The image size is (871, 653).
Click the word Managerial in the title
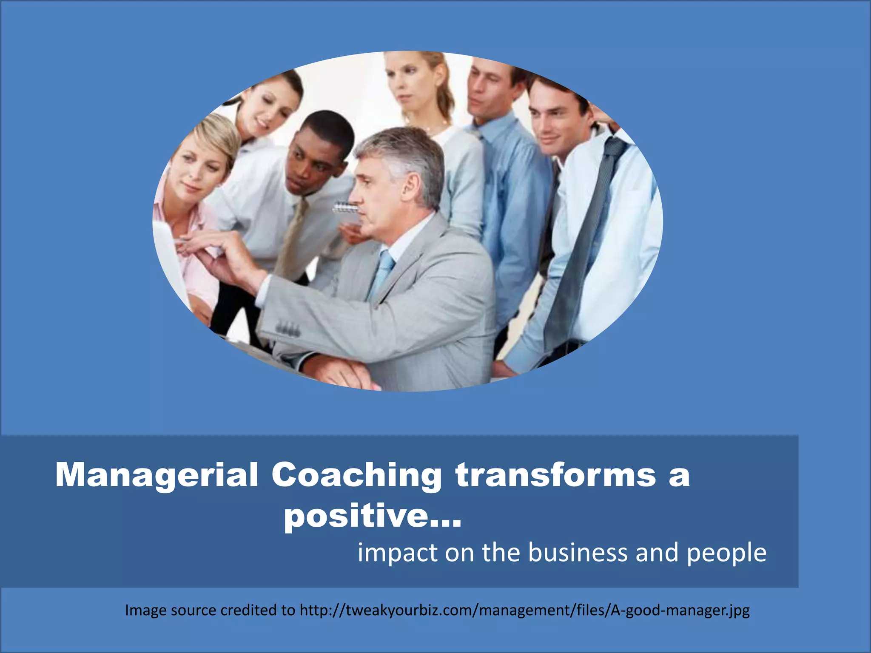[157, 475]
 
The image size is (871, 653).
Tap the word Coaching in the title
[356, 475]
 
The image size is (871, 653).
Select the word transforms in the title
[555, 474]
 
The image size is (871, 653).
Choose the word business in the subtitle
[578, 553]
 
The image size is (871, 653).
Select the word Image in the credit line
[145, 610]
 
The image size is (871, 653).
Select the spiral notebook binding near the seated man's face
[345, 208]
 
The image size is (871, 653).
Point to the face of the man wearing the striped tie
[552, 117]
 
